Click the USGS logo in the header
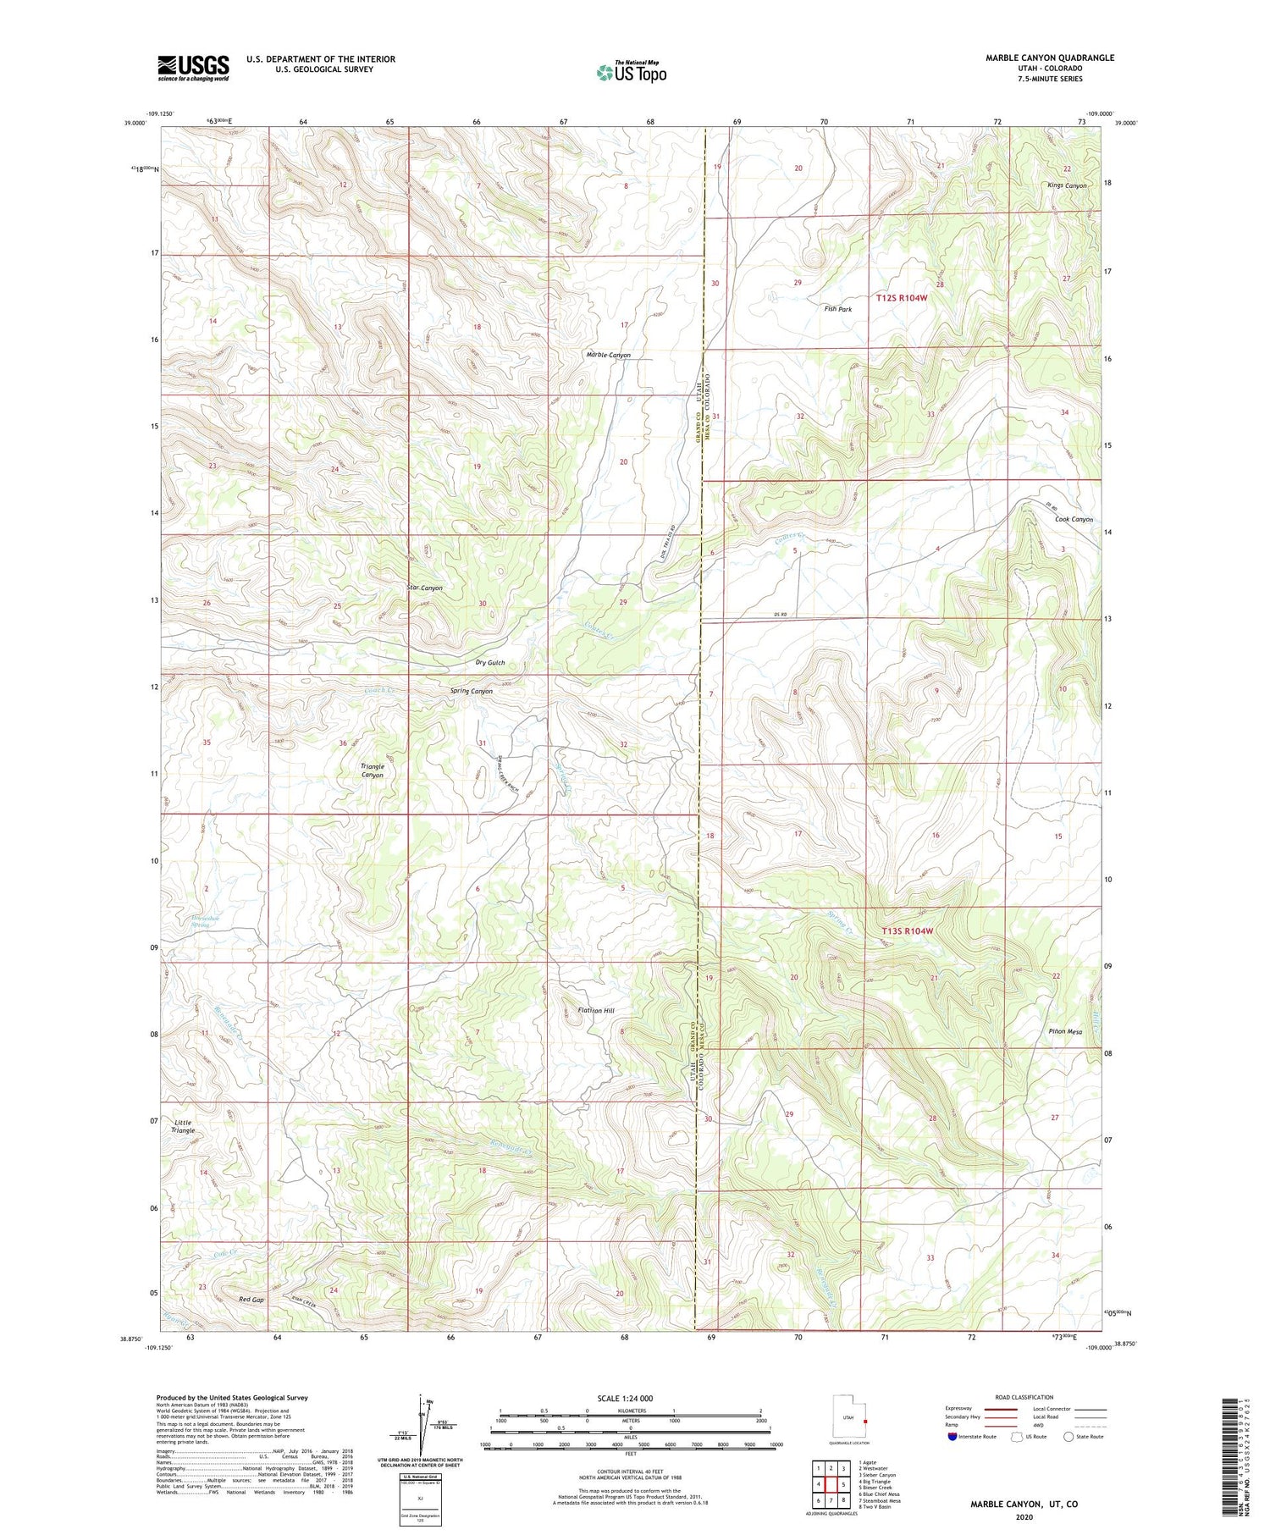tap(193, 68)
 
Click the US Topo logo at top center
tap(632, 72)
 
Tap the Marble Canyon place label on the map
tap(608, 355)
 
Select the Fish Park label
tap(837, 309)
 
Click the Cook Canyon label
tap(1074, 519)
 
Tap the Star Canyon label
tap(424, 588)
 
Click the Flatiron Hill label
tap(596, 1010)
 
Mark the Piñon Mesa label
tap(1064, 1032)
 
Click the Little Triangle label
tap(183, 1126)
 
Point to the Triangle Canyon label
tap(373, 770)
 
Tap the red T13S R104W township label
tap(907, 930)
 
